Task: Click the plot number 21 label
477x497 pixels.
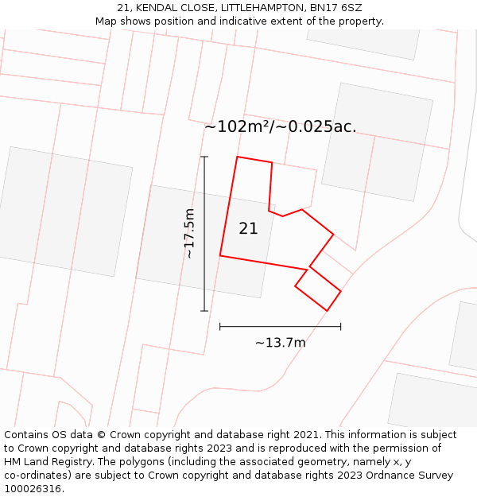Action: [x=248, y=228]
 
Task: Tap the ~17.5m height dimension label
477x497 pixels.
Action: [x=189, y=234]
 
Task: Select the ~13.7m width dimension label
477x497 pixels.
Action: [x=280, y=343]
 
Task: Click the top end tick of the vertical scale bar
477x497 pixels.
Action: [x=204, y=157]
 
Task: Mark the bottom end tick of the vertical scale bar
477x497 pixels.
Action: [x=204, y=310]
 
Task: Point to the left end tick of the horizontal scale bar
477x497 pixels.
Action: [x=220, y=326]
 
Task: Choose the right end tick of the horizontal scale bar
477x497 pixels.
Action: [x=340, y=326]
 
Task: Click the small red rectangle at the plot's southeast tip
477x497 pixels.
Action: [x=318, y=288]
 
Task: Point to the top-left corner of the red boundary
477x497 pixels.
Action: [x=237, y=157]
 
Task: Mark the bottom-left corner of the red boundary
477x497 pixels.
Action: [x=220, y=255]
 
